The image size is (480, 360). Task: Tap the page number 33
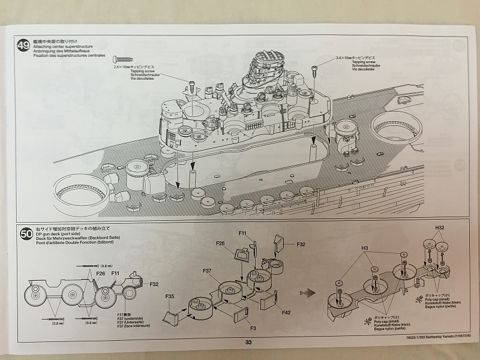[x=248, y=343]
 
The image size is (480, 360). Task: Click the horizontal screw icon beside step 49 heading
[x=122, y=59]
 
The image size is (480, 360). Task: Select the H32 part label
[x=440, y=229]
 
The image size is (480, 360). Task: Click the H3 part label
[x=364, y=247]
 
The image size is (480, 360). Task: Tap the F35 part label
[x=170, y=296]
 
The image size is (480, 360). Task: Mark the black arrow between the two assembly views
[x=309, y=292]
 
